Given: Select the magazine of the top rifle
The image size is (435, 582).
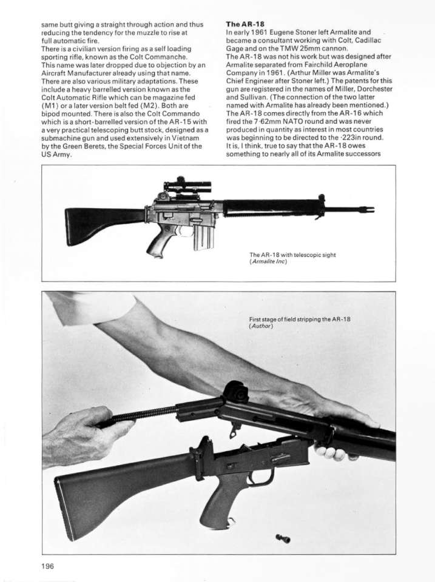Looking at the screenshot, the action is pyautogui.click(x=203, y=236).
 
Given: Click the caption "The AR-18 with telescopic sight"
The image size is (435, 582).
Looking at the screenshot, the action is pyautogui.click(x=292, y=255).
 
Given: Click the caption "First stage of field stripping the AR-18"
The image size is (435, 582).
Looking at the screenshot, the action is pyautogui.click(x=300, y=319).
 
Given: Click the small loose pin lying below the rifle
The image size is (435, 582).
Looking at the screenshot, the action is pyautogui.click(x=283, y=537).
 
